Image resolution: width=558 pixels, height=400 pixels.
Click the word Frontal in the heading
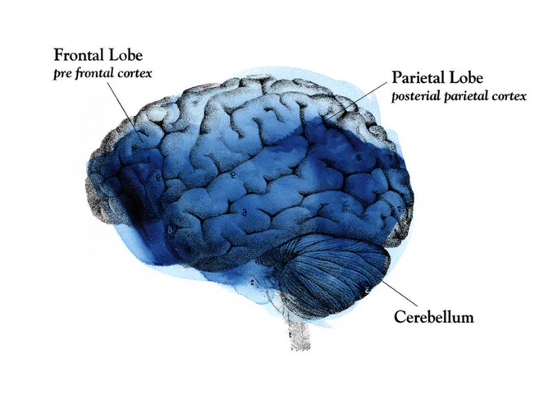[79, 55]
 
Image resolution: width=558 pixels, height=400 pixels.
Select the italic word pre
[62, 74]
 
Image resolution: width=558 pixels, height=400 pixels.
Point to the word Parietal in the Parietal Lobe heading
[418, 78]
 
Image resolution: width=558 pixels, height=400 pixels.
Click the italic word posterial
[416, 96]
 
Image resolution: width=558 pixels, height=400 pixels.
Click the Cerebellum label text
[434, 317]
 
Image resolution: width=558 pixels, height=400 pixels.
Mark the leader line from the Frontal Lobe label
[125, 112]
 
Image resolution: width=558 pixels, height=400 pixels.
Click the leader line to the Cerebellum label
[400, 292]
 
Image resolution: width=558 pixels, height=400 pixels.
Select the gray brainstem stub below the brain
[300, 335]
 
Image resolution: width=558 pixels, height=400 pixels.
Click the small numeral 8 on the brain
[171, 229]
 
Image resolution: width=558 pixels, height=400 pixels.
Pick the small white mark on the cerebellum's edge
[367, 291]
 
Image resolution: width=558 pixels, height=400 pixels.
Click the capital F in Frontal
[58, 55]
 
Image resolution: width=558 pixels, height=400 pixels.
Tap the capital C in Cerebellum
[400, 317]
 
